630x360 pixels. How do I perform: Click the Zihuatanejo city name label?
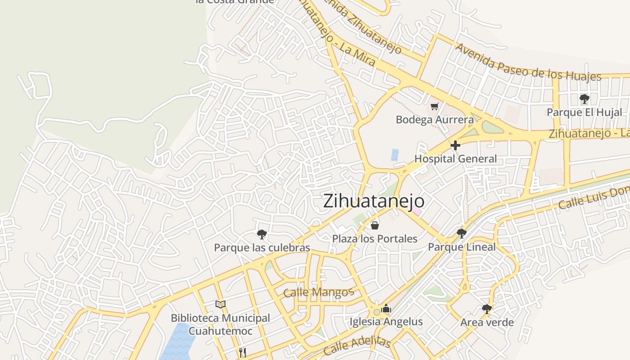[x=373, y=201]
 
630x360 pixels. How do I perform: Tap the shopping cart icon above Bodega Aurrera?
[x=434, y=107]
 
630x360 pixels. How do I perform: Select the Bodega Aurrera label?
[x=435, y=120]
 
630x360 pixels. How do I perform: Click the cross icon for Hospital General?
[x=455, y=145]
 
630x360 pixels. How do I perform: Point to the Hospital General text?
[x=455, y=159]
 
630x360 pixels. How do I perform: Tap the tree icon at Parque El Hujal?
[x=584, y=99]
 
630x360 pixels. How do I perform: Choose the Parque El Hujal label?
[x=584, y=112]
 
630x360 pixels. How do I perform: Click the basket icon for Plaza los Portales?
[x=374, y=225]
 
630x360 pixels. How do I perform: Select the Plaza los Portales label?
[x=375, y=238]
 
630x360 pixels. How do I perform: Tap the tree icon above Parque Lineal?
[x=461, y=233]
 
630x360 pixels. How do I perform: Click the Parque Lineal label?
[x=461, y=247]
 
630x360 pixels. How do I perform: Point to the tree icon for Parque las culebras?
[x=261, y=234]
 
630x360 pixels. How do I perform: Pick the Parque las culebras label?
[x=262, y=247]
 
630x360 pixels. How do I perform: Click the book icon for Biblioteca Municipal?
[x=220, y=305]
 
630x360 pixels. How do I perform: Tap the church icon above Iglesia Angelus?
[x=386, y=309]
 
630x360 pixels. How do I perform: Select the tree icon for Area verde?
[x=486, y=309]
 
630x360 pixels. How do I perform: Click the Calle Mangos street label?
[x=318, y=292]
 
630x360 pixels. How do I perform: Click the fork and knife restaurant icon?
[x=243, y=352]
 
